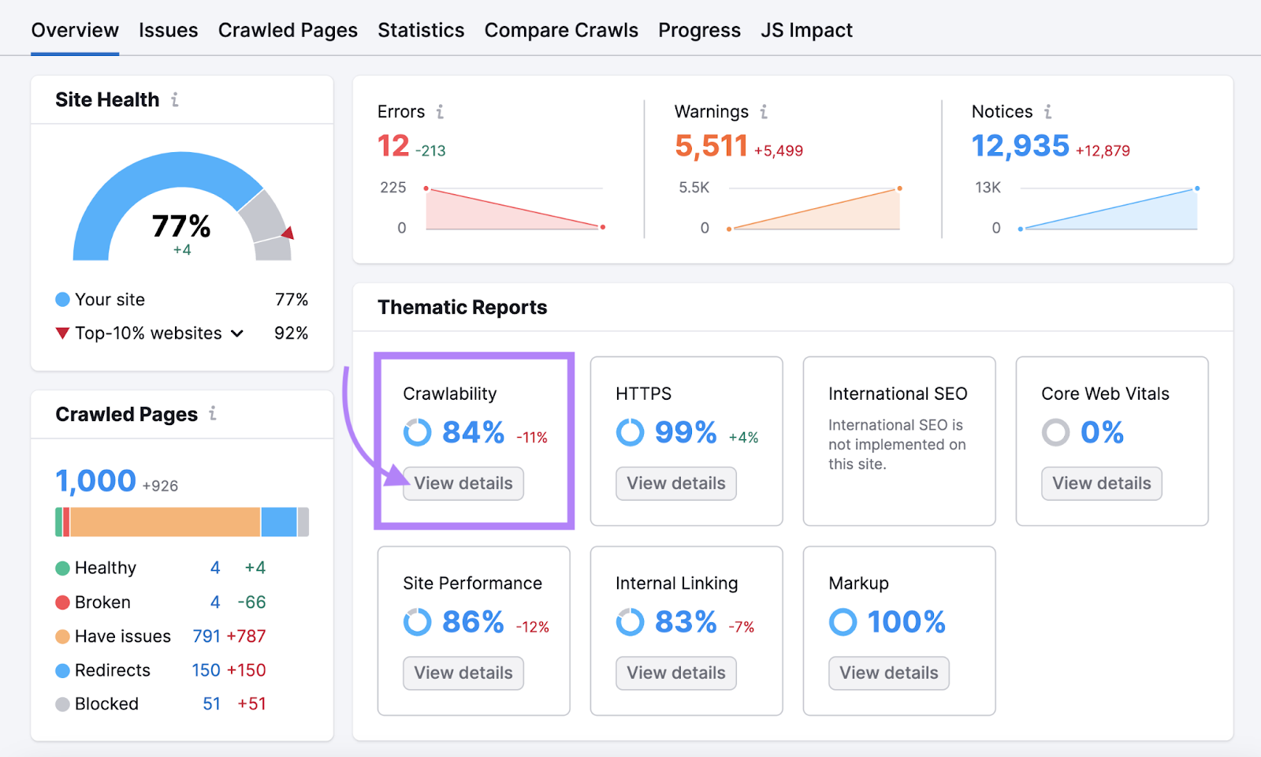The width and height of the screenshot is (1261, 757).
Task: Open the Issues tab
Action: (x=168, y=31)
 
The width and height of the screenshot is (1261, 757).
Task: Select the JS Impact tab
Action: (x=806, y=31)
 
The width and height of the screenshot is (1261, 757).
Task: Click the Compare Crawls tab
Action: (x=561, y=31)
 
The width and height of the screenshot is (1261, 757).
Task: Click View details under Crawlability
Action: (x=463, y=483)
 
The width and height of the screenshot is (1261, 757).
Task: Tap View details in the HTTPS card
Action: (x=676, y=483)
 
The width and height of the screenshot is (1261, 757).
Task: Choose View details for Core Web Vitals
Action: (x=1101, y=483)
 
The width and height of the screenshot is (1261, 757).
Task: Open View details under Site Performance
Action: (x=463, y=673)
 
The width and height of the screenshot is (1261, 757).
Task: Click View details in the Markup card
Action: (x=888, y=673)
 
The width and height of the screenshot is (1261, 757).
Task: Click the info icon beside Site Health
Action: (x=175, y=100)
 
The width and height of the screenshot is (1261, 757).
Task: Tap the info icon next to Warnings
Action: (x=764, y=112)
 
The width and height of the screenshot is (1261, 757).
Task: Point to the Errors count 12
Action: (x=393, y=146)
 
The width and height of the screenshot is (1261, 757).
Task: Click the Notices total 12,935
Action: (x=1020, y=146)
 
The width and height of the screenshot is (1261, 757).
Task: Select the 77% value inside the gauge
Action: (x=181, y=227)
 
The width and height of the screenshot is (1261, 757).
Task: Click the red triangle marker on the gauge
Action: (x=288, y=233)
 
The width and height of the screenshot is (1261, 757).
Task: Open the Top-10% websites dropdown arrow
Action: (x=237, y=334)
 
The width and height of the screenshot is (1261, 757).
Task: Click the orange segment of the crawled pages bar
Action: (x=166, y=522)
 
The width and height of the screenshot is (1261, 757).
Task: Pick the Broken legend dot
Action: (x=63, y=602)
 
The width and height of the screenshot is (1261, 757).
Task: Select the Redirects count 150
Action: (x=206, y=670)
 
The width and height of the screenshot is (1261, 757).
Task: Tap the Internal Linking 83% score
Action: (x=686, y=622)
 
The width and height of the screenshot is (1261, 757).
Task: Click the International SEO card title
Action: (x=898, y=393)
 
